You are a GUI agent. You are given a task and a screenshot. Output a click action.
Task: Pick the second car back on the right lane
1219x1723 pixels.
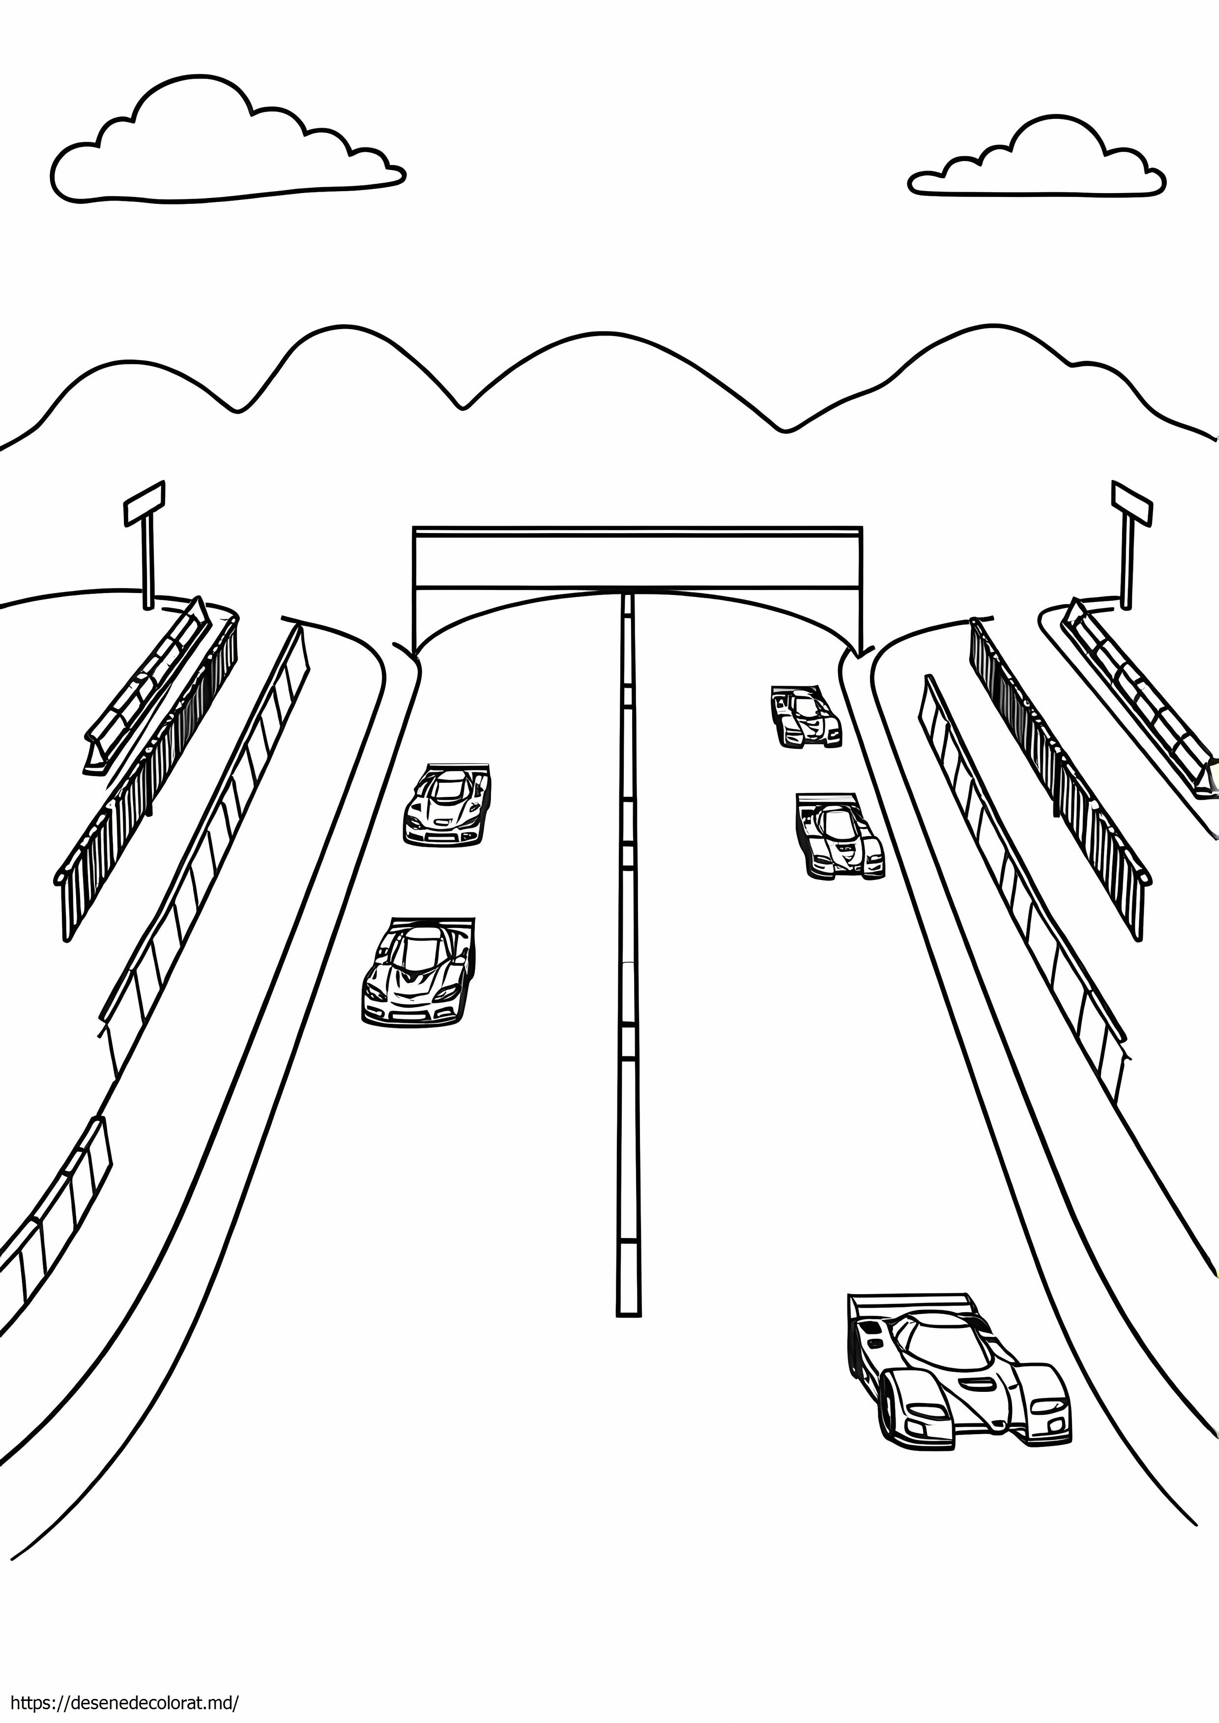coord(839,835)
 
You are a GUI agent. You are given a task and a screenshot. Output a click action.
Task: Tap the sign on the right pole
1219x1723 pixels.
coord(1131,503)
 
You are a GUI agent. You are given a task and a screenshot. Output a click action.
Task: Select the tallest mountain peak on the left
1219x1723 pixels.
coord(338,326)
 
